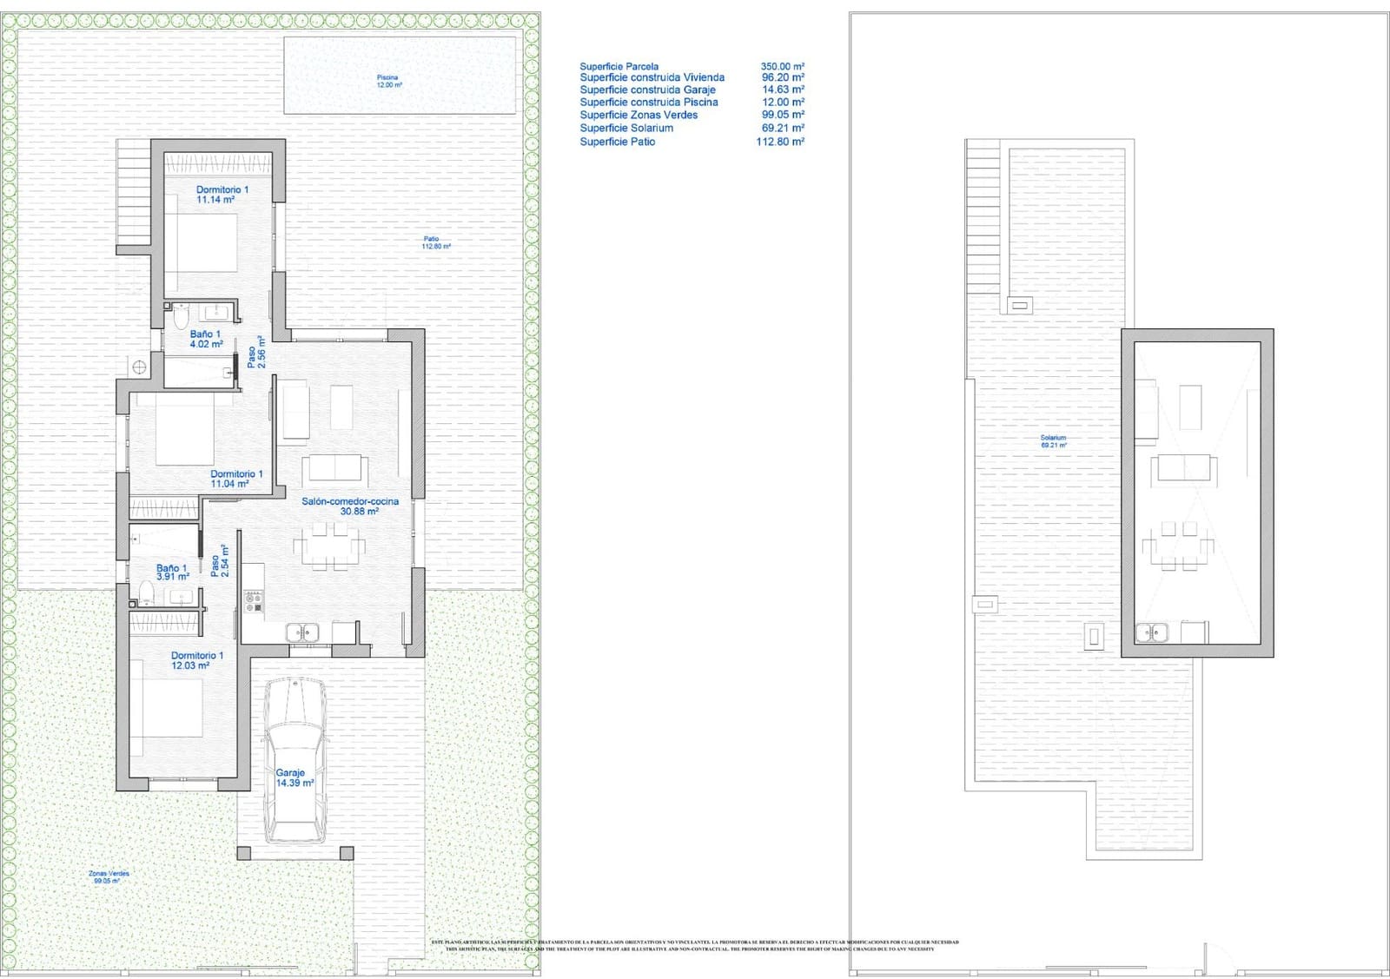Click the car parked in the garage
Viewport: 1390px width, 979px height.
coord(295,760)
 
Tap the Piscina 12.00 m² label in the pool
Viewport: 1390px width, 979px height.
coord(387,81)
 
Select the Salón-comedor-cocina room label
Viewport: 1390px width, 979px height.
coord(350,506)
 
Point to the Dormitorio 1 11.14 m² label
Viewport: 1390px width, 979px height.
coord(221,195)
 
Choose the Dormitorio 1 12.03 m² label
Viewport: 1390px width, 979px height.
coord(196,660)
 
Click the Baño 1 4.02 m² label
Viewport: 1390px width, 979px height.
coord(206,339)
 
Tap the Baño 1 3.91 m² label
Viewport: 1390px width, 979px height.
coord(172,572)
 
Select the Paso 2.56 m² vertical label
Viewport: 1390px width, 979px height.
coord(255,353)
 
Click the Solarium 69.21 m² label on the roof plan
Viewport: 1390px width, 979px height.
coord(1053,441)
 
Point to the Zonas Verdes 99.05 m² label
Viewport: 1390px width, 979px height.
coord(109,876)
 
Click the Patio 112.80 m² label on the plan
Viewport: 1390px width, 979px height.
coord(434,242)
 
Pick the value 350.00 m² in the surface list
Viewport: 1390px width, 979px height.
coord(782,66)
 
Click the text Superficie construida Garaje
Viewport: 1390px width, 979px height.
coord(647,89)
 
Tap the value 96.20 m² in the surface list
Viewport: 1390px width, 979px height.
coord(782,77)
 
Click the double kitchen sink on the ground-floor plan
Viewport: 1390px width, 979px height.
coord(302,633)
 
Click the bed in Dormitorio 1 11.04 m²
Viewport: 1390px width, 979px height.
coord(185,432)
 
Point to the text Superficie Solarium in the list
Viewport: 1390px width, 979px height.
coord(625,128)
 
